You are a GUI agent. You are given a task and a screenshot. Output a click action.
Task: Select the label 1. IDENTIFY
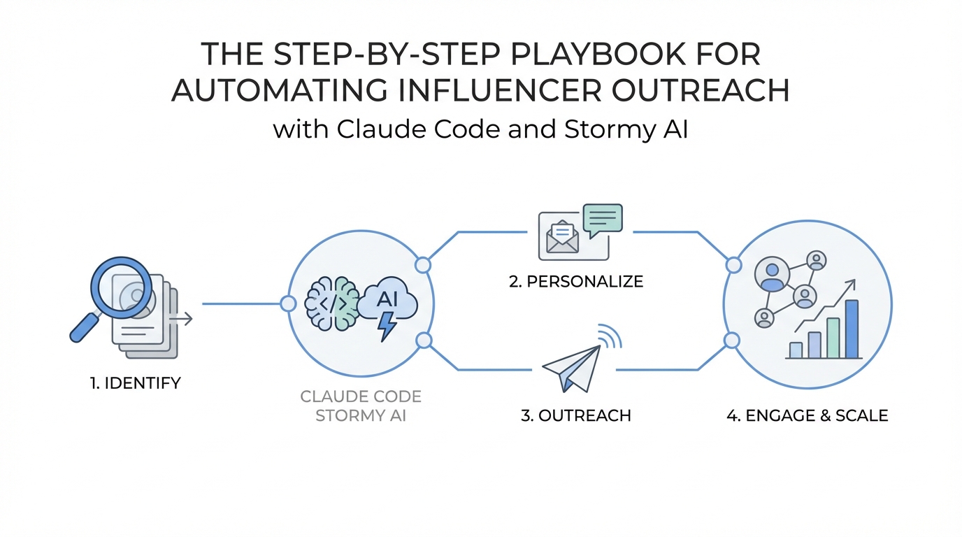(x=136, y=382)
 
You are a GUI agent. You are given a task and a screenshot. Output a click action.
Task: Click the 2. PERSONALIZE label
(x=576, y=282)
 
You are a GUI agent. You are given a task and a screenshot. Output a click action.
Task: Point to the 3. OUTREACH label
(x=576, y=415)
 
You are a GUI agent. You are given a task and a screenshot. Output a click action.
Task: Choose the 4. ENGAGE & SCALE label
(x=807, y=415)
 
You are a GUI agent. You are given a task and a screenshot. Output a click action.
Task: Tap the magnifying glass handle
(x=84, y=327)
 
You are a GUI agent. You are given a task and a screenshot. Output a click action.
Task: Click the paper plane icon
(x=571, y=366)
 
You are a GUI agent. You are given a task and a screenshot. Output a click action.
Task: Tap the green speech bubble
(x=602, y=217)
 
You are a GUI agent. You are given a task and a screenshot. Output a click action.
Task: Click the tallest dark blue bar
(x=851, y=329)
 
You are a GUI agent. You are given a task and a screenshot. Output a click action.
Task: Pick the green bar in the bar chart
(x=833, y=338)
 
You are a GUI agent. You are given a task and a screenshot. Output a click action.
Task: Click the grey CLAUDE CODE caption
(x=361, y=397)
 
